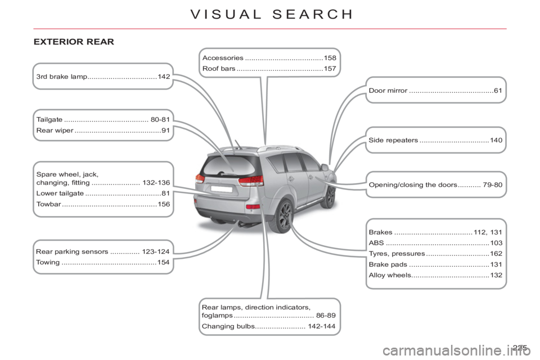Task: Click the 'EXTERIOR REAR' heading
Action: (74, 42)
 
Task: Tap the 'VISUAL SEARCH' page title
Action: (272, 14)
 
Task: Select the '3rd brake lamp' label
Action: (62, 76)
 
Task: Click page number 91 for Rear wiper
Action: (165, 130)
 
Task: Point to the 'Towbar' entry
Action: (48, 204)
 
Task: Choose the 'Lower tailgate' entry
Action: (60, 193)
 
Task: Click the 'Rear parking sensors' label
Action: (72, 251)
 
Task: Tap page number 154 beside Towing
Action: (163, 262)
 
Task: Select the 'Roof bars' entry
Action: (219, 69)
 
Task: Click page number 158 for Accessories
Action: (330, 58)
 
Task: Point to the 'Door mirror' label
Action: (388, 91)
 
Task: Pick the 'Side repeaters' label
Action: (393, 140)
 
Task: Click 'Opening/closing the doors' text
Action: (413, 184)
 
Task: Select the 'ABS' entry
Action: (376, 243)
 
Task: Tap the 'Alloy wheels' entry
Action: (390, 275)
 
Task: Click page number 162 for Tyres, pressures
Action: (496, 254)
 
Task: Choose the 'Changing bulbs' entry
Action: (228, 326)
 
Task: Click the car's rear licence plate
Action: (222, 189)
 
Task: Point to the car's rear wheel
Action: (282, 216)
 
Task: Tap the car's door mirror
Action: (325, 168)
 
